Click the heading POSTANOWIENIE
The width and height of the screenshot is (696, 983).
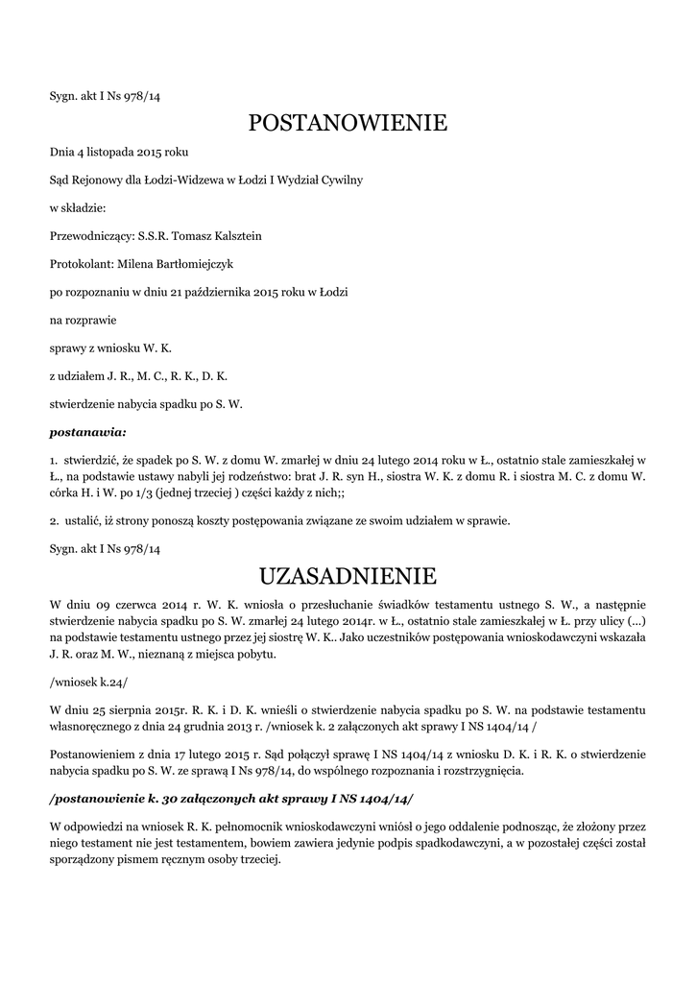[x=348, y=123]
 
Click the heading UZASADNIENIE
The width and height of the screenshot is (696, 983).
[x=348, y=576]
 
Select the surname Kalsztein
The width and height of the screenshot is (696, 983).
[x=230, y=235]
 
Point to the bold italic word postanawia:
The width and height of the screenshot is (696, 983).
[x=88, y=432]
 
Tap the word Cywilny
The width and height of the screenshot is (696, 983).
[x=342, y=180]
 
